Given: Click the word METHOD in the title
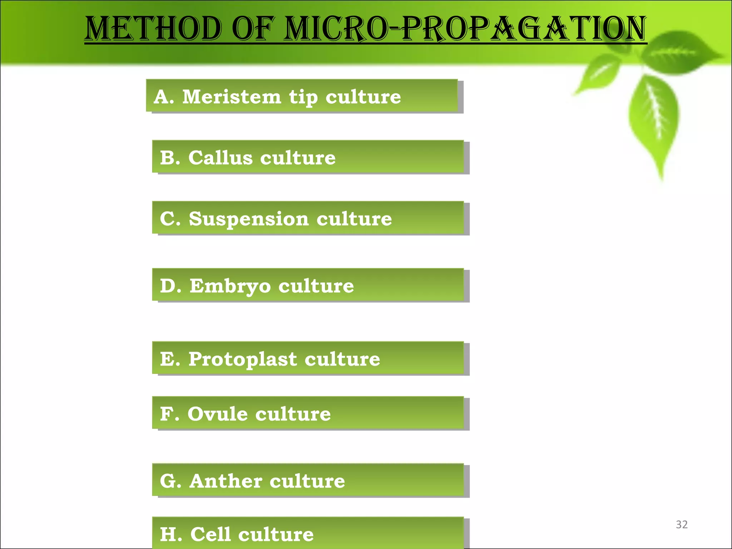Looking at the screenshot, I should click(x=153, y=29).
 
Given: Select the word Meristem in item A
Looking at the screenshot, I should click(x=232, y=97).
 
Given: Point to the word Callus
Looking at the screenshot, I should click(x=221, y=158).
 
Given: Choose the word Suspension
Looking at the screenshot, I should click(x=248, y=219).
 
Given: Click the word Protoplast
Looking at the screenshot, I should click(x=243, y=359).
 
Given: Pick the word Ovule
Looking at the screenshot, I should click(x=217, y=414).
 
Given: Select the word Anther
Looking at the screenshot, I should click(x=226, y=481).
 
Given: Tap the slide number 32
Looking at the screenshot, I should click(x=682, y=524).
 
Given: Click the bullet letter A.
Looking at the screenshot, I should click(x=162, y=97).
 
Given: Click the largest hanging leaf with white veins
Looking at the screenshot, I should click(x=654, y=118).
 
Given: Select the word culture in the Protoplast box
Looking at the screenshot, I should click(x=342, y=359).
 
